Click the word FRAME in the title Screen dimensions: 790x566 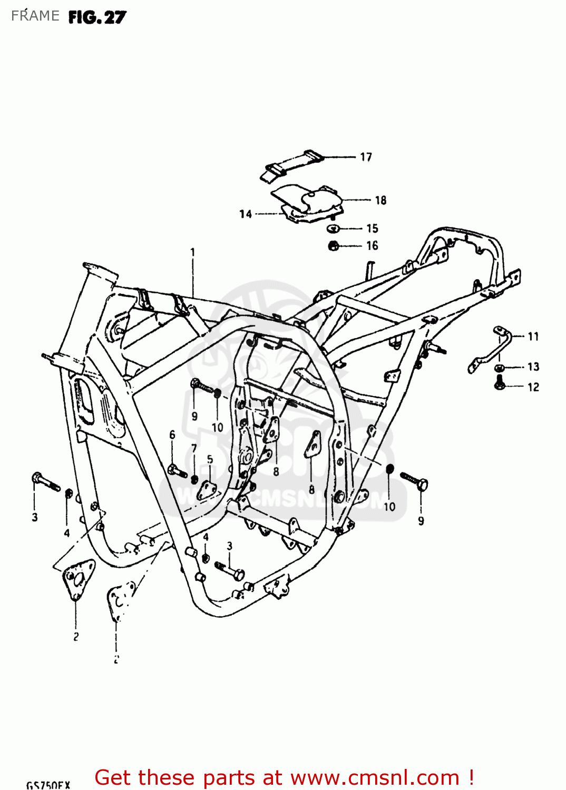pyautogui.click(x=35, y=16)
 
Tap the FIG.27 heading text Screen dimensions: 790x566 pyautogui.click(x=97, y=17)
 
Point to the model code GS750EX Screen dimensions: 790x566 pyautogui.click(x=48, y=785)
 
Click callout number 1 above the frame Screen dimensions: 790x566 pyautogui.click(x=192, y=252)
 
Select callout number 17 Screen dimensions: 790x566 pyautogui.click(x=366, y=157)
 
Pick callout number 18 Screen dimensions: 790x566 pyautogui.click(x=380, y=200)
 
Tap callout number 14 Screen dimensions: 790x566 pyautogui.click(x=246, y=214)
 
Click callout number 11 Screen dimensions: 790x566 pyautogui.click(x=533, y=336)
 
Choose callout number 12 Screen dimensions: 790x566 pyautogui.click(x=533, y=387)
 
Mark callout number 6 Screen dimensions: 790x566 pyautogui.click(x=172, y=435)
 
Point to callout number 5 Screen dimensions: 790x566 pyautogui.click(x=210, y=459)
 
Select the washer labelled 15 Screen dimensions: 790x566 pyautogui.click(x=333, y=228)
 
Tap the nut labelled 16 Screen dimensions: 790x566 pyautogui.click(x=333, y=245)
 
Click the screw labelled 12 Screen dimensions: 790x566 pyautogui.click(x=499, y=384)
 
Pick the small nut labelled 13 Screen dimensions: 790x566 pyautogui.click(x=500, y=367)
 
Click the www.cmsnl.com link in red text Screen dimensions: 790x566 pyautogui.click(x=375, y=777)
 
